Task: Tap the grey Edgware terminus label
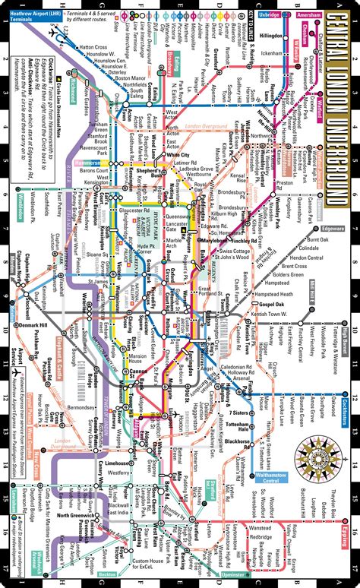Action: (332, 207)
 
